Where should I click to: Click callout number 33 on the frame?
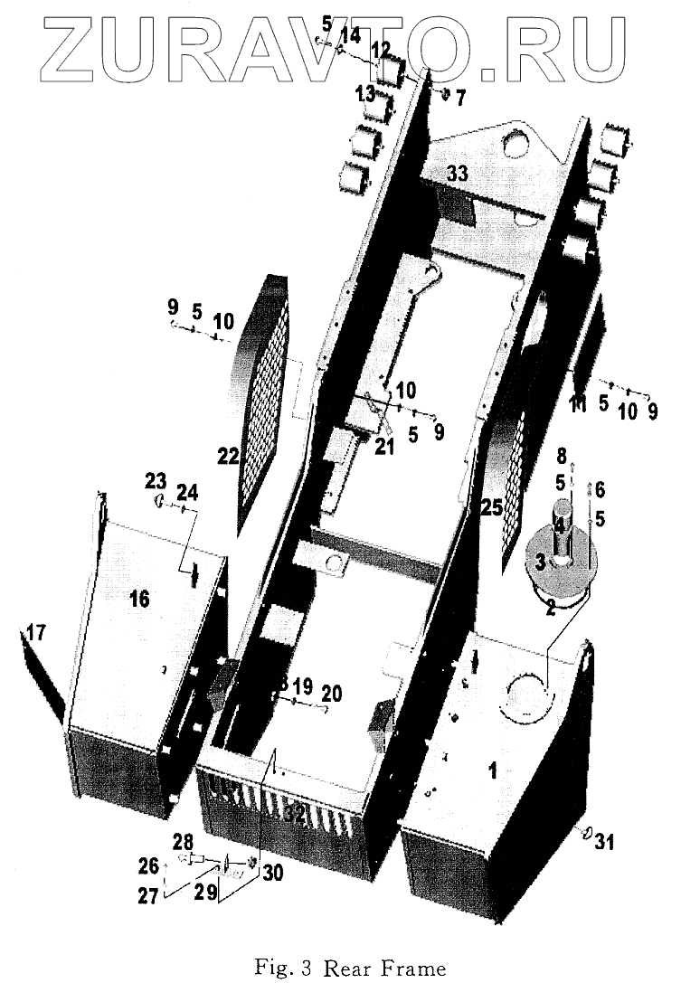[x=457, y=175]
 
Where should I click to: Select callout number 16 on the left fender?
[x=140, y=599]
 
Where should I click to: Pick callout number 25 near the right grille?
[x=491, y=509]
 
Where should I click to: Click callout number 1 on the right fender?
[x=493, y=770]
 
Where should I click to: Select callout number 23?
[x=156, y=479]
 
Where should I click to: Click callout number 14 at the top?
[x=349, y=35]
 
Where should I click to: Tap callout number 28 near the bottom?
[x=184, y=841]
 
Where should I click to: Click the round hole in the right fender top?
[x=528, y=695]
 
